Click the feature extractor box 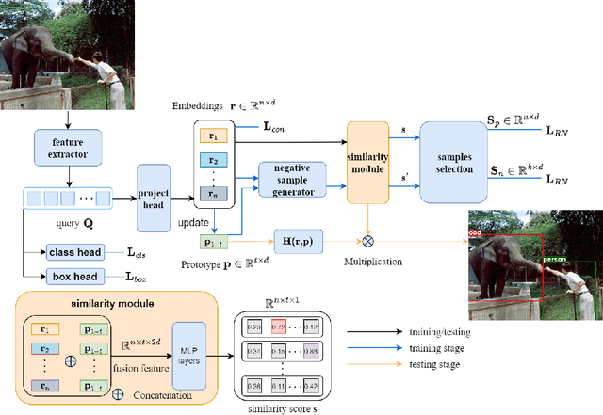point(67,150)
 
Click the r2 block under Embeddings point(214,160)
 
